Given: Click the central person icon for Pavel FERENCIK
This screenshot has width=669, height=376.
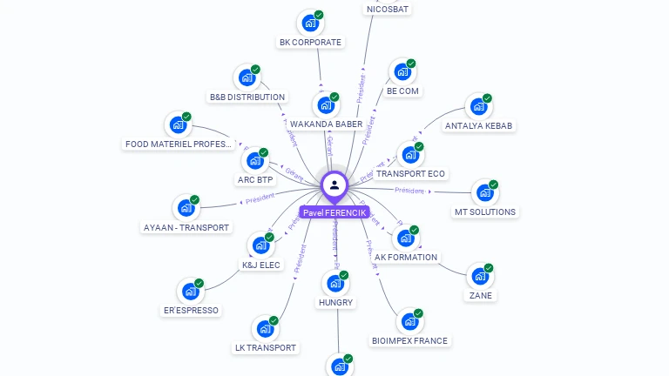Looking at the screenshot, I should (x=334, y=185).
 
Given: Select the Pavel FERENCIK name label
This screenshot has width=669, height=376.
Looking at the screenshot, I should (x=334, y=212).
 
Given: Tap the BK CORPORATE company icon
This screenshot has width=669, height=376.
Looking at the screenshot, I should (x=309, y=23).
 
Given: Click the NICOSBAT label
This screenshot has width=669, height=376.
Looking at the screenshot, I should (x=388, y=10).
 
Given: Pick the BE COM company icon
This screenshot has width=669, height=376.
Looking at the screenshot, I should (x=402, y=71).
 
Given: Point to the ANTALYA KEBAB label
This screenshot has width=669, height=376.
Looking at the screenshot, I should (x=479, y=125).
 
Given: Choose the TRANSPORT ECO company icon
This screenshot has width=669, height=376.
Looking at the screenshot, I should (x=409, y=155).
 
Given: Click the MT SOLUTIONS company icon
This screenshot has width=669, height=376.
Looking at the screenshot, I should (x=483, y=192).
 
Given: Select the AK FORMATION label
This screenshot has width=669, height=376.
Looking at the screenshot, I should (x=406, y=258).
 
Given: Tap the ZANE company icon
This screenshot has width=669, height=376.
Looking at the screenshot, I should (x=479, y=276).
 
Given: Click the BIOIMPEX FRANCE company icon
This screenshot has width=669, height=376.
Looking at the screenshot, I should (x=409, y=321).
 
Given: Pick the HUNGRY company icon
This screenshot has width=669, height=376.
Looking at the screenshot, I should (x=334, y=283).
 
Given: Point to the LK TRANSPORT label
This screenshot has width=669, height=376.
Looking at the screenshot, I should (x=266, y=347).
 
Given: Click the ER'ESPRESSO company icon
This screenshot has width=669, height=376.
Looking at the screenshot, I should (x=190, y=292).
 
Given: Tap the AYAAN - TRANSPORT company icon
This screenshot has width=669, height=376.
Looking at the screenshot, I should (x=186, y=208).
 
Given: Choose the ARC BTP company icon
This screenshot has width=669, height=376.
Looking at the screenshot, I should (x=254, y=161).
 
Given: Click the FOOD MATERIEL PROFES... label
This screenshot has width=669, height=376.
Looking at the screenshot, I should (x=178, y=144).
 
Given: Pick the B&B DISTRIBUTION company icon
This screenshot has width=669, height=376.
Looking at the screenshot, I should (x=247, y=77).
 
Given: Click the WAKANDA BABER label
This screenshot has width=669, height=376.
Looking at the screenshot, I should (x=326, y=124).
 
